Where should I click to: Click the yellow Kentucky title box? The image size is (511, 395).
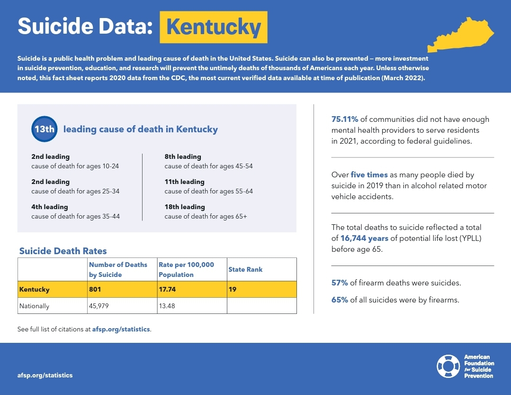pos(214,28)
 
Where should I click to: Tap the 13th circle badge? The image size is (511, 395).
pos(45,129)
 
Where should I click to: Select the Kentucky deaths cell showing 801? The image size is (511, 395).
pos(96,289)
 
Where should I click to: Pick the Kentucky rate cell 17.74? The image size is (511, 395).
pos(168,289)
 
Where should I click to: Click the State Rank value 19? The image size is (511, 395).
pos(233,289)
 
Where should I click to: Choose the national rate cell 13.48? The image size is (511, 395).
pos(167,306)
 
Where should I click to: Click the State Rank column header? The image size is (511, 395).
pos(245,269)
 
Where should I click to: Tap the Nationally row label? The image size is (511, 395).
pos(34,306)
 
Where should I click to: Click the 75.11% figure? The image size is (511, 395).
pos(345,119)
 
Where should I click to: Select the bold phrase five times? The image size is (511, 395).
pos(369,175)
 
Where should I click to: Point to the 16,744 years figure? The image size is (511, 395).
pos(365,238)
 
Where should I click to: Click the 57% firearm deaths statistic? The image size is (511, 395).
pos(340,283)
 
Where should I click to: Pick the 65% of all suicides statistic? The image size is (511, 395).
pos(340,300)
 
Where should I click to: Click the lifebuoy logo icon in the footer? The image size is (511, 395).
pos(448,366)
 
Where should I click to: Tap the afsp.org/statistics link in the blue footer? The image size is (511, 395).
pos(45,375)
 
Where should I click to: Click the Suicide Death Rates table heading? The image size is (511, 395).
pos(63,251)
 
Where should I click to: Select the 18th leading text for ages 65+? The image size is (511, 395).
pos(185,207)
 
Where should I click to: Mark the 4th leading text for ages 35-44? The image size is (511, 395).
pos(50,207)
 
